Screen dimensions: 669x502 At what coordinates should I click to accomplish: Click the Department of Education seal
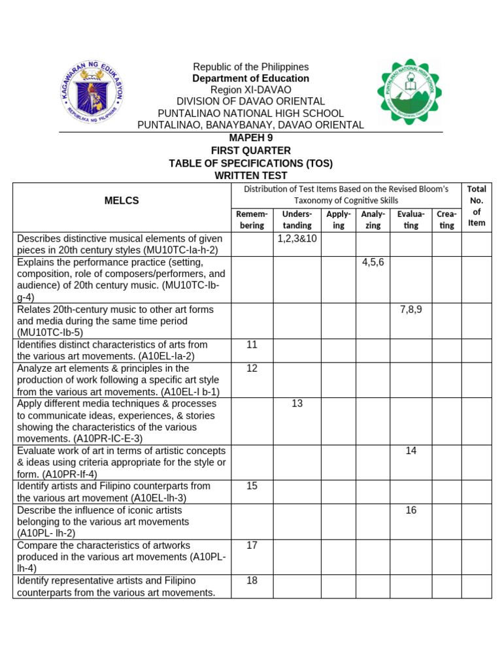(92, 93)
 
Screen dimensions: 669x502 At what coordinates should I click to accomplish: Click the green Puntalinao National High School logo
(409, 92)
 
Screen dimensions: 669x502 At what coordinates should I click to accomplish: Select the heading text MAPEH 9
(250, 138)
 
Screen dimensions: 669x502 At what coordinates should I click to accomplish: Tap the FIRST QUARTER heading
(250, 150)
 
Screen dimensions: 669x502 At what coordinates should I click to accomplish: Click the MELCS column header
(122, 201)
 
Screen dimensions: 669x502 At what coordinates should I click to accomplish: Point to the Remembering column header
(252, 220)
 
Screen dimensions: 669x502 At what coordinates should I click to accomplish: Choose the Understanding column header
(297, 220)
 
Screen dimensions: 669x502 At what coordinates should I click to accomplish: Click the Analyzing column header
(373, 220)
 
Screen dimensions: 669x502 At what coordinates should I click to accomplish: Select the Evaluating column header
(410, 220)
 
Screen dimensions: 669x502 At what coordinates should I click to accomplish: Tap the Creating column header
(446, 220)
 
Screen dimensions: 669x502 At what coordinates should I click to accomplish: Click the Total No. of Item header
(477, 205)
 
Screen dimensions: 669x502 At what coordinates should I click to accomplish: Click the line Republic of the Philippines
(250, 67)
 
